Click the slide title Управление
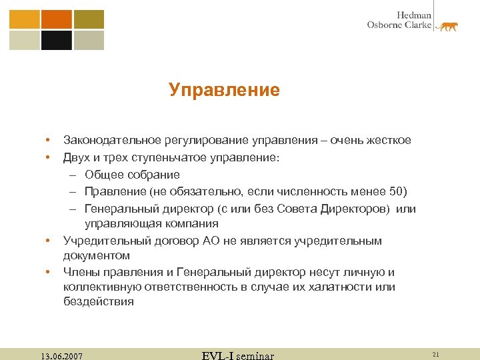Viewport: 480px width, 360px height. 224,90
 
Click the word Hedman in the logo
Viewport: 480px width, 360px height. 414,15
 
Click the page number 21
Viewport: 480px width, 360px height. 436,353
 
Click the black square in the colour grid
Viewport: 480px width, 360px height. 56,41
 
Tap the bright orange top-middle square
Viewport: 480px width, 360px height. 56,19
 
